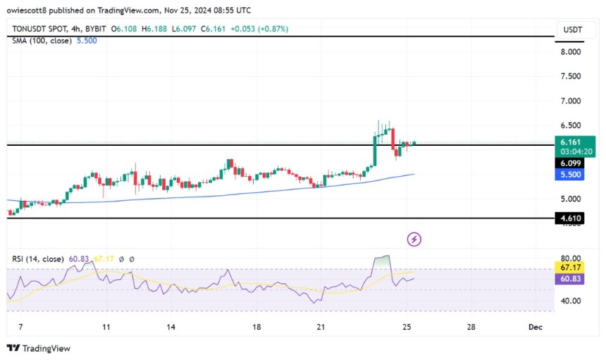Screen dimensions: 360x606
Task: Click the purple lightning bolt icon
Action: coord(414,240)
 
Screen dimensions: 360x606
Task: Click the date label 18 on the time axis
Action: coord(256,327)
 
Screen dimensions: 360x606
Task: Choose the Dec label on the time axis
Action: coord(535,327)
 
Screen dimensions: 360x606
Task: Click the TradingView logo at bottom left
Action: coord(39,348)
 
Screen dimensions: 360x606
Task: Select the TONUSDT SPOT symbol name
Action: coord(42,29)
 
